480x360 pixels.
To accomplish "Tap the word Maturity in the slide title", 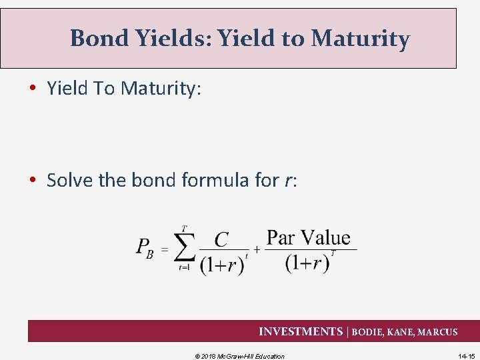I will [x=360, y=39].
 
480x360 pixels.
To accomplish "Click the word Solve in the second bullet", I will [x=70, y=180].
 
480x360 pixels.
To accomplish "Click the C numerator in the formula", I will [x=222, y=239].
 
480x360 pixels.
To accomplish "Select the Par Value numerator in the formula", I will [x=308, y=237].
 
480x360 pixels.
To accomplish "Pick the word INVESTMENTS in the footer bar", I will [x=300, y=331].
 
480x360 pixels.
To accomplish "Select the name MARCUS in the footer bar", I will [x=437, y=332].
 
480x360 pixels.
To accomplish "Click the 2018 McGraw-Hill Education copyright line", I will [x=239, y=356].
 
